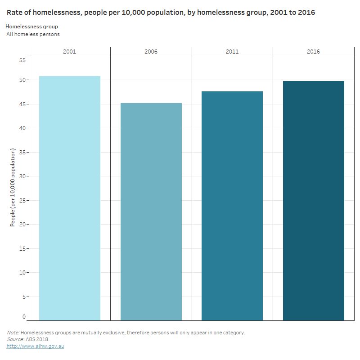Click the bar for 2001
(x=70, y=198)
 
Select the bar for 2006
(x=151, y=211)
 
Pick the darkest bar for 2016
(x=314, y=201)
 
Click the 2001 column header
(x=70, y=52)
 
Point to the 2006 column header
(x=151, y=52)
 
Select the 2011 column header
(x=232, y=52)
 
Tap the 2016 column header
(x=314, y=52)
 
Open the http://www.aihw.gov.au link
(x=35, y=346)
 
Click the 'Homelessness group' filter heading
(x=31, y=27)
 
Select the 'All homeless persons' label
(x=33, y=34)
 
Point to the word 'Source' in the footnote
(x=15, y=339)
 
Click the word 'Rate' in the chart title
(x=14, y=13)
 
